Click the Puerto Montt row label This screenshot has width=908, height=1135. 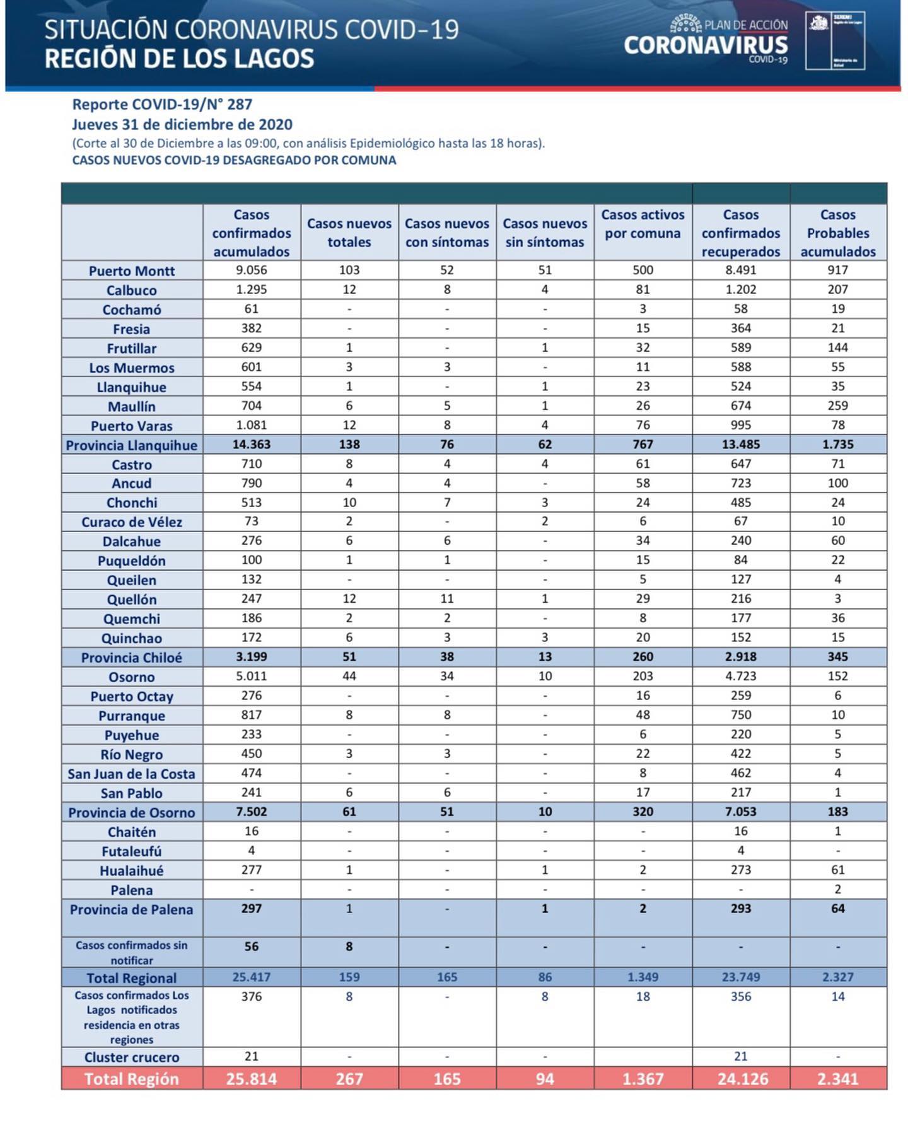(131, 271)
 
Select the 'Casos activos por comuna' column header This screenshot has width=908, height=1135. (643, 224)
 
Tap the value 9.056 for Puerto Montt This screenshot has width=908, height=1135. (252, 270)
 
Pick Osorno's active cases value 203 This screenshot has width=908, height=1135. (643, 676)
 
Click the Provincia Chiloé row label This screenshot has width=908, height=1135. (131, 657)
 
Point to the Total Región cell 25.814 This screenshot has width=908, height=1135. (252, 1079)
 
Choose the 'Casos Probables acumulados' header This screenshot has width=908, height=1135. (838, 233)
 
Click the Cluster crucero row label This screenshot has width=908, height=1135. (131, 1057)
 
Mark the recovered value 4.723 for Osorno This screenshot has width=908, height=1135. (740, 676)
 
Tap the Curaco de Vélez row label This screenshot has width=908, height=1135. (131, 521)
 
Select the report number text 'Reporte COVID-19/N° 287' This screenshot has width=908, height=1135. (162, 105)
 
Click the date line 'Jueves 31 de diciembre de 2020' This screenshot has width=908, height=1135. (182, 124)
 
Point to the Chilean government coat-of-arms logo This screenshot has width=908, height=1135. (819, 24)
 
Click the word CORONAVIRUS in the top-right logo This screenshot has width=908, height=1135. (706, 45)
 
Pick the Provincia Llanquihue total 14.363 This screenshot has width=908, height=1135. (252, 444)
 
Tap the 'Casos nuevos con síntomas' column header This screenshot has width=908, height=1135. (446, 233)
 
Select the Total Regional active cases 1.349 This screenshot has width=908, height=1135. (643, 977)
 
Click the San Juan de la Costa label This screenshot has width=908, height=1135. (131, 774)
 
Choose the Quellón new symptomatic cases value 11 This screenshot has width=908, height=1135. (446, 598)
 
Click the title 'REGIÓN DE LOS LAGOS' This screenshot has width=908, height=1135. (179, 59)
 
